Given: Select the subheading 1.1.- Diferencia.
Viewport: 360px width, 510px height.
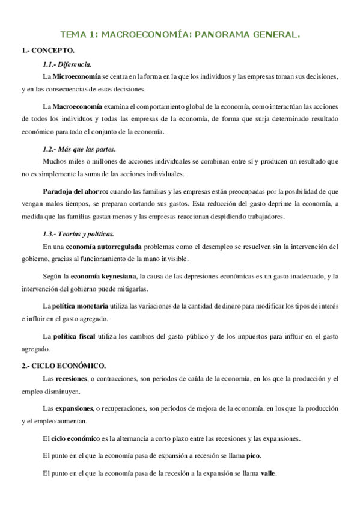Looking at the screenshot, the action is pyautogui.click(x=67, y=64).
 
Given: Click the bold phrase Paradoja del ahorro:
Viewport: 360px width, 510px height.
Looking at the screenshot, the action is pyautogui.click(x=75, y=191).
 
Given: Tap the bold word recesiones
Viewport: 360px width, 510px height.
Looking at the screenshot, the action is pyautogui.click(x=71, y=379).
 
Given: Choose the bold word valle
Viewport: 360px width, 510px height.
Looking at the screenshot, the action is pyautogui.click(x=268, y=473).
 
